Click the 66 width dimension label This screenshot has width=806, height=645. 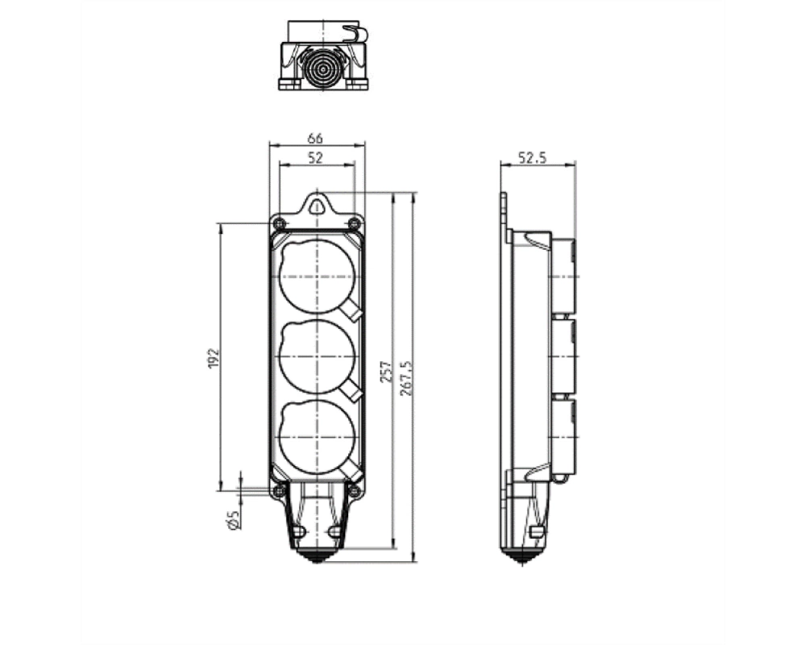(x=315, y=139)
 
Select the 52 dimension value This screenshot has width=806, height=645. (x=316, y=158)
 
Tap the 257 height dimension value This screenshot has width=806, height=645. (x=387, y=372)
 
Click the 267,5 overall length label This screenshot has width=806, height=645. (x=406, y=377)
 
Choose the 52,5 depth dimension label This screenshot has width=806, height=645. (x=532, y=157)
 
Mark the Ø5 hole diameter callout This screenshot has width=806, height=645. (x=233, y=520)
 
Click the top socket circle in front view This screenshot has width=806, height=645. (x=317, y=277)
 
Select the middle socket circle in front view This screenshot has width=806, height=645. (x=317, y=356)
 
